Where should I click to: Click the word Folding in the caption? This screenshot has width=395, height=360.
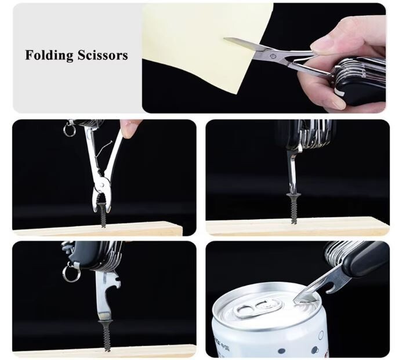coord(49,55)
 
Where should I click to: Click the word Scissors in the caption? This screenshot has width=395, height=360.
coord(103,55)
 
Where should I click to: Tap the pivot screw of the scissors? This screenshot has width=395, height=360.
coord(272,56)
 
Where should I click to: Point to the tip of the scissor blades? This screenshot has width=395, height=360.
coord(224,38)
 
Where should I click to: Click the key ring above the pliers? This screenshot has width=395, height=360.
coord(69,129)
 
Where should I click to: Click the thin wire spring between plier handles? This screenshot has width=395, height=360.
coord(103,150)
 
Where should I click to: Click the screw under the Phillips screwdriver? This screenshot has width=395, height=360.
coord(294,207)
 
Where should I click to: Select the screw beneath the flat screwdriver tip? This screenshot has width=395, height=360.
coord(105,335)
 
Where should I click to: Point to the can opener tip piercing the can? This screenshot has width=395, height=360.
coord(295,300)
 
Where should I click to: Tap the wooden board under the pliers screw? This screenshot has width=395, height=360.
coord(97,228)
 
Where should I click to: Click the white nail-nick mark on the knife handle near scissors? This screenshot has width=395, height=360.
coord(339,93)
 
